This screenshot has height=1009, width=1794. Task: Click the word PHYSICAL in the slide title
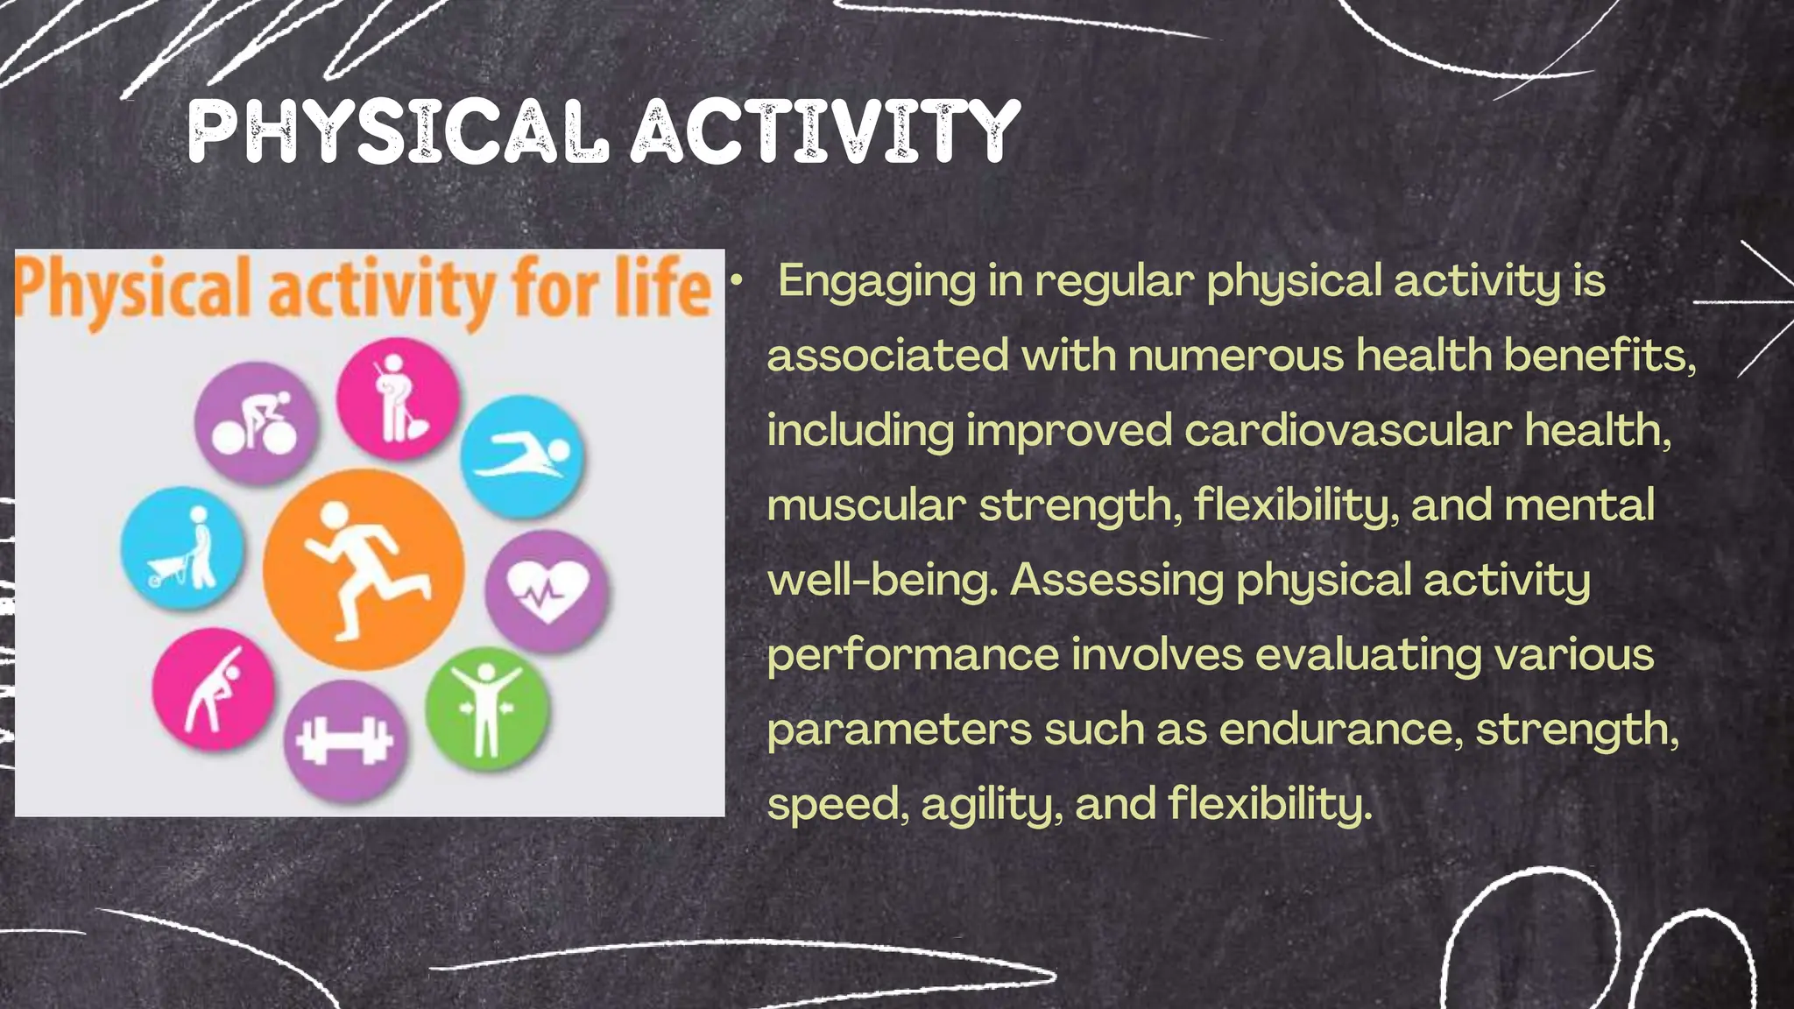[399, 132]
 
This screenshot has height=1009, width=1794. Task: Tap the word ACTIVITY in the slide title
[826, 132]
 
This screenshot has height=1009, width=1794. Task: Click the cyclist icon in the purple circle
[256, 422]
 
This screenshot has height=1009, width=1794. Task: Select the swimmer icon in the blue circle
[523, 456]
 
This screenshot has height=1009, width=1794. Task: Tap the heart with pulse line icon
[547, 590]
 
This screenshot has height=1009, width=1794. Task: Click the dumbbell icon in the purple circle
[345, 741]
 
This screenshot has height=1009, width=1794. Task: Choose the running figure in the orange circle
[364, 569]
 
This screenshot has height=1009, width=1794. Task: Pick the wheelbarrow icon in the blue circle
[182, 549]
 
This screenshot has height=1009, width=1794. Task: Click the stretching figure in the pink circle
[213, 688]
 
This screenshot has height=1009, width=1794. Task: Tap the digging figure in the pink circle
[398, 399]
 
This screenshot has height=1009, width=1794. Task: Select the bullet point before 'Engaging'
[738, 280]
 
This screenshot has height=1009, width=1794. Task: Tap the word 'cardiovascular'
[1348, 431]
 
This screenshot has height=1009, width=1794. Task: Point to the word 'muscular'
[866, 505]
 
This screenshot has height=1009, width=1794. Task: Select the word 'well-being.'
[883, 580]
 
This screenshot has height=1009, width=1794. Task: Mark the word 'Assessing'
[1116, 580]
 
